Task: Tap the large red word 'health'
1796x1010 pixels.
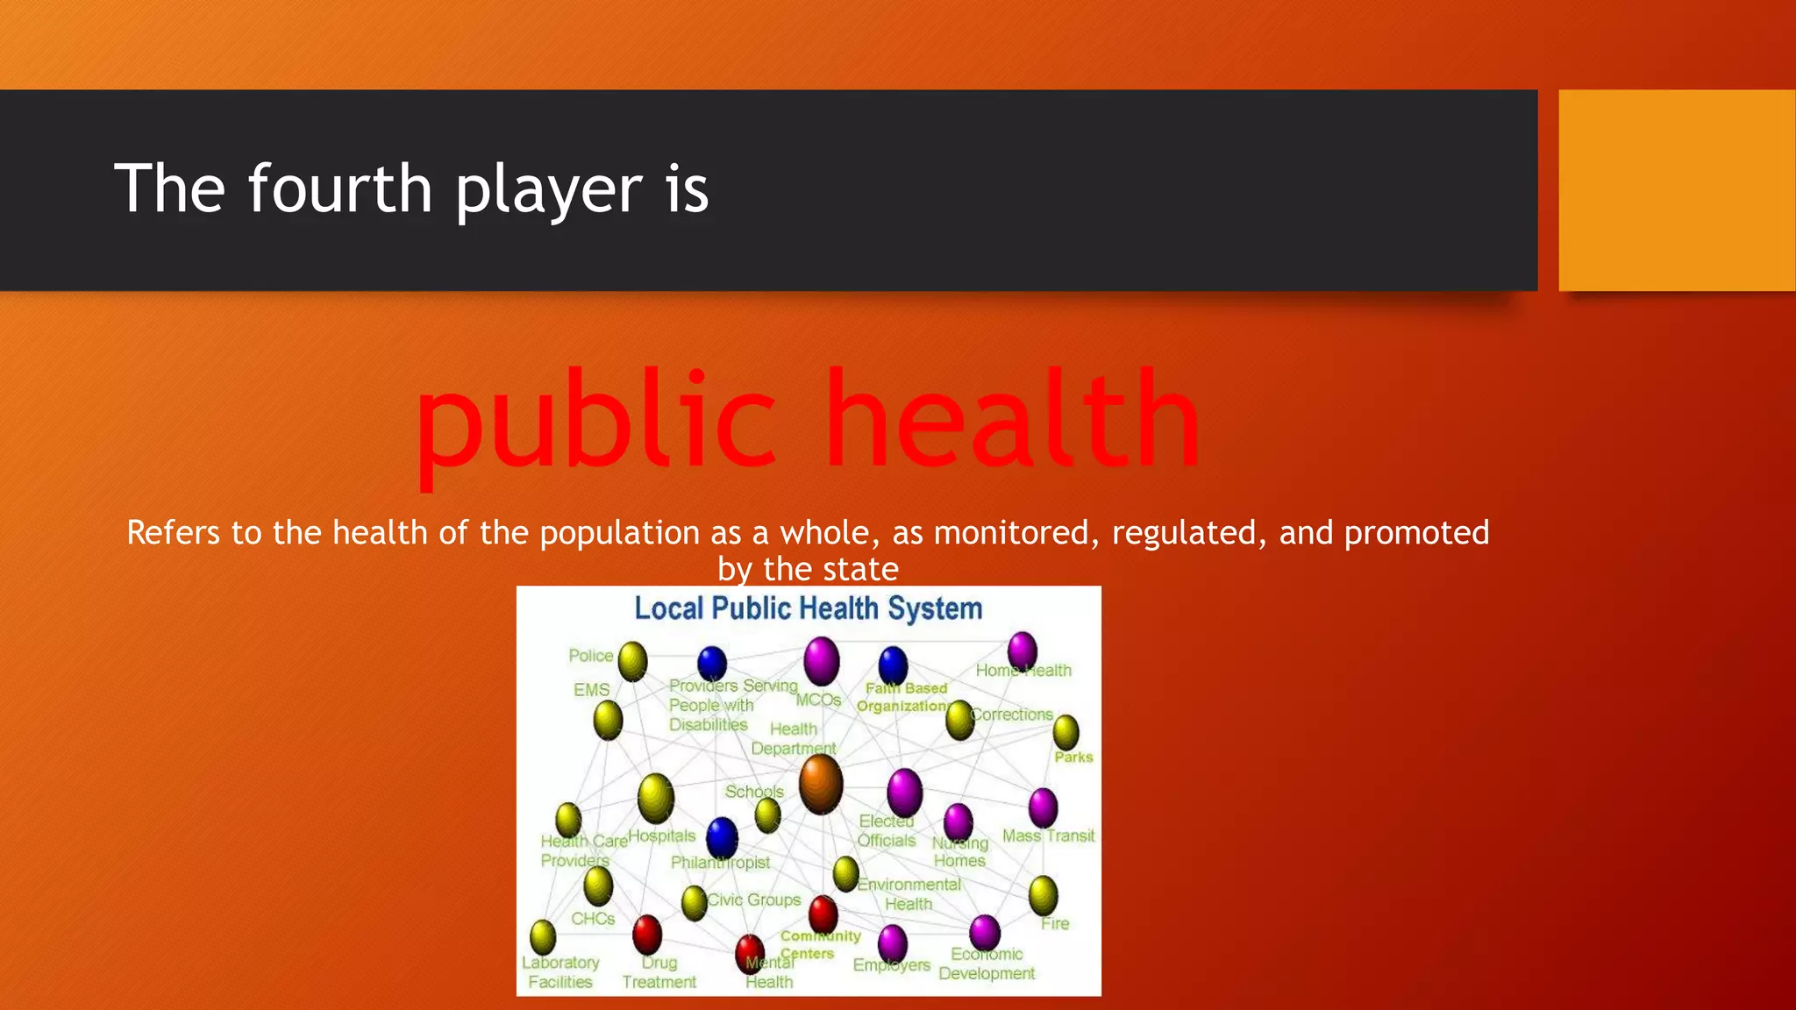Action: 1013,419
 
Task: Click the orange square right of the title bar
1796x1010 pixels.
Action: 1677,190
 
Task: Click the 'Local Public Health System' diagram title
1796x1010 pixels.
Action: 808,608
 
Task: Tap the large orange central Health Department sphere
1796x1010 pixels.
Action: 821,785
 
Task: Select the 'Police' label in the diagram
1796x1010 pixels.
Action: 590,656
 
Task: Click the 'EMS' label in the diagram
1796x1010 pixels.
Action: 591,690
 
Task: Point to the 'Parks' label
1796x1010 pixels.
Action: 1073,757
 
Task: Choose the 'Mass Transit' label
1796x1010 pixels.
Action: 1048,836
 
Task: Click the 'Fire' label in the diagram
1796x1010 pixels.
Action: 1055,924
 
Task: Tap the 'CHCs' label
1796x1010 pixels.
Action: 593,919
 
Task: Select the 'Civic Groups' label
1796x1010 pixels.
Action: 754,900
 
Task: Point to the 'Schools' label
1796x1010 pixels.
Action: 754,792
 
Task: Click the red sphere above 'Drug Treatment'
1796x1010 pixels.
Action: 647,934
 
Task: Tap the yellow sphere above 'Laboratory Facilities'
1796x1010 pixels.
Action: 543,936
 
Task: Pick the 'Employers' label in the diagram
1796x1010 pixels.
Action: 892,965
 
